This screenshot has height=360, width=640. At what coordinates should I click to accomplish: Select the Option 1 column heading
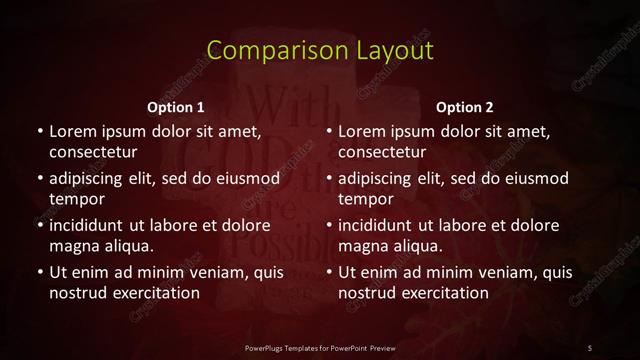pyautogui.click(x=176, y=107)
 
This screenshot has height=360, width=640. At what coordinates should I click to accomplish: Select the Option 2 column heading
pyautogui.click(x=465, y=107)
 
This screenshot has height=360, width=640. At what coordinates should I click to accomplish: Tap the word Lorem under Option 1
pyautogui.click(x=72, y=131)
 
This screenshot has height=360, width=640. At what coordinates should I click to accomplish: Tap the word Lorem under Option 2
pyautogui.click(x=361, y=131)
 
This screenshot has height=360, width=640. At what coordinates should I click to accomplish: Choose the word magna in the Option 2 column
pyautogui.click(x=361, y=245)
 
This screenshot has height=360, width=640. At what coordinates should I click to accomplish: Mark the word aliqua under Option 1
pyautogui.click(x=125, y=245)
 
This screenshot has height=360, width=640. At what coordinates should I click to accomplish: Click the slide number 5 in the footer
pyautogui.click(x=590, y=347)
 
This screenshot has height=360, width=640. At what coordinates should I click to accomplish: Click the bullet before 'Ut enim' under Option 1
pyautogui.click(x=39, y=272)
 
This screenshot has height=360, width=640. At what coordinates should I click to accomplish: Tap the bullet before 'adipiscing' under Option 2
pyautogui.click(x=329, y=179)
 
